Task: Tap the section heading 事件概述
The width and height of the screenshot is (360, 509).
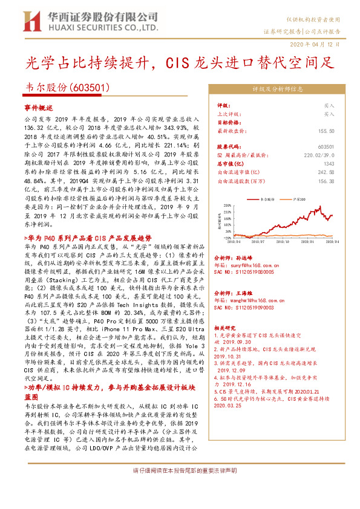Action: (x=39, y=106)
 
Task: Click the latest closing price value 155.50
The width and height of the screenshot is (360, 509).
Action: (x=327, y=131)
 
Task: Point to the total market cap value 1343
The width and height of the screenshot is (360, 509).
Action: (x=329, y=163)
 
